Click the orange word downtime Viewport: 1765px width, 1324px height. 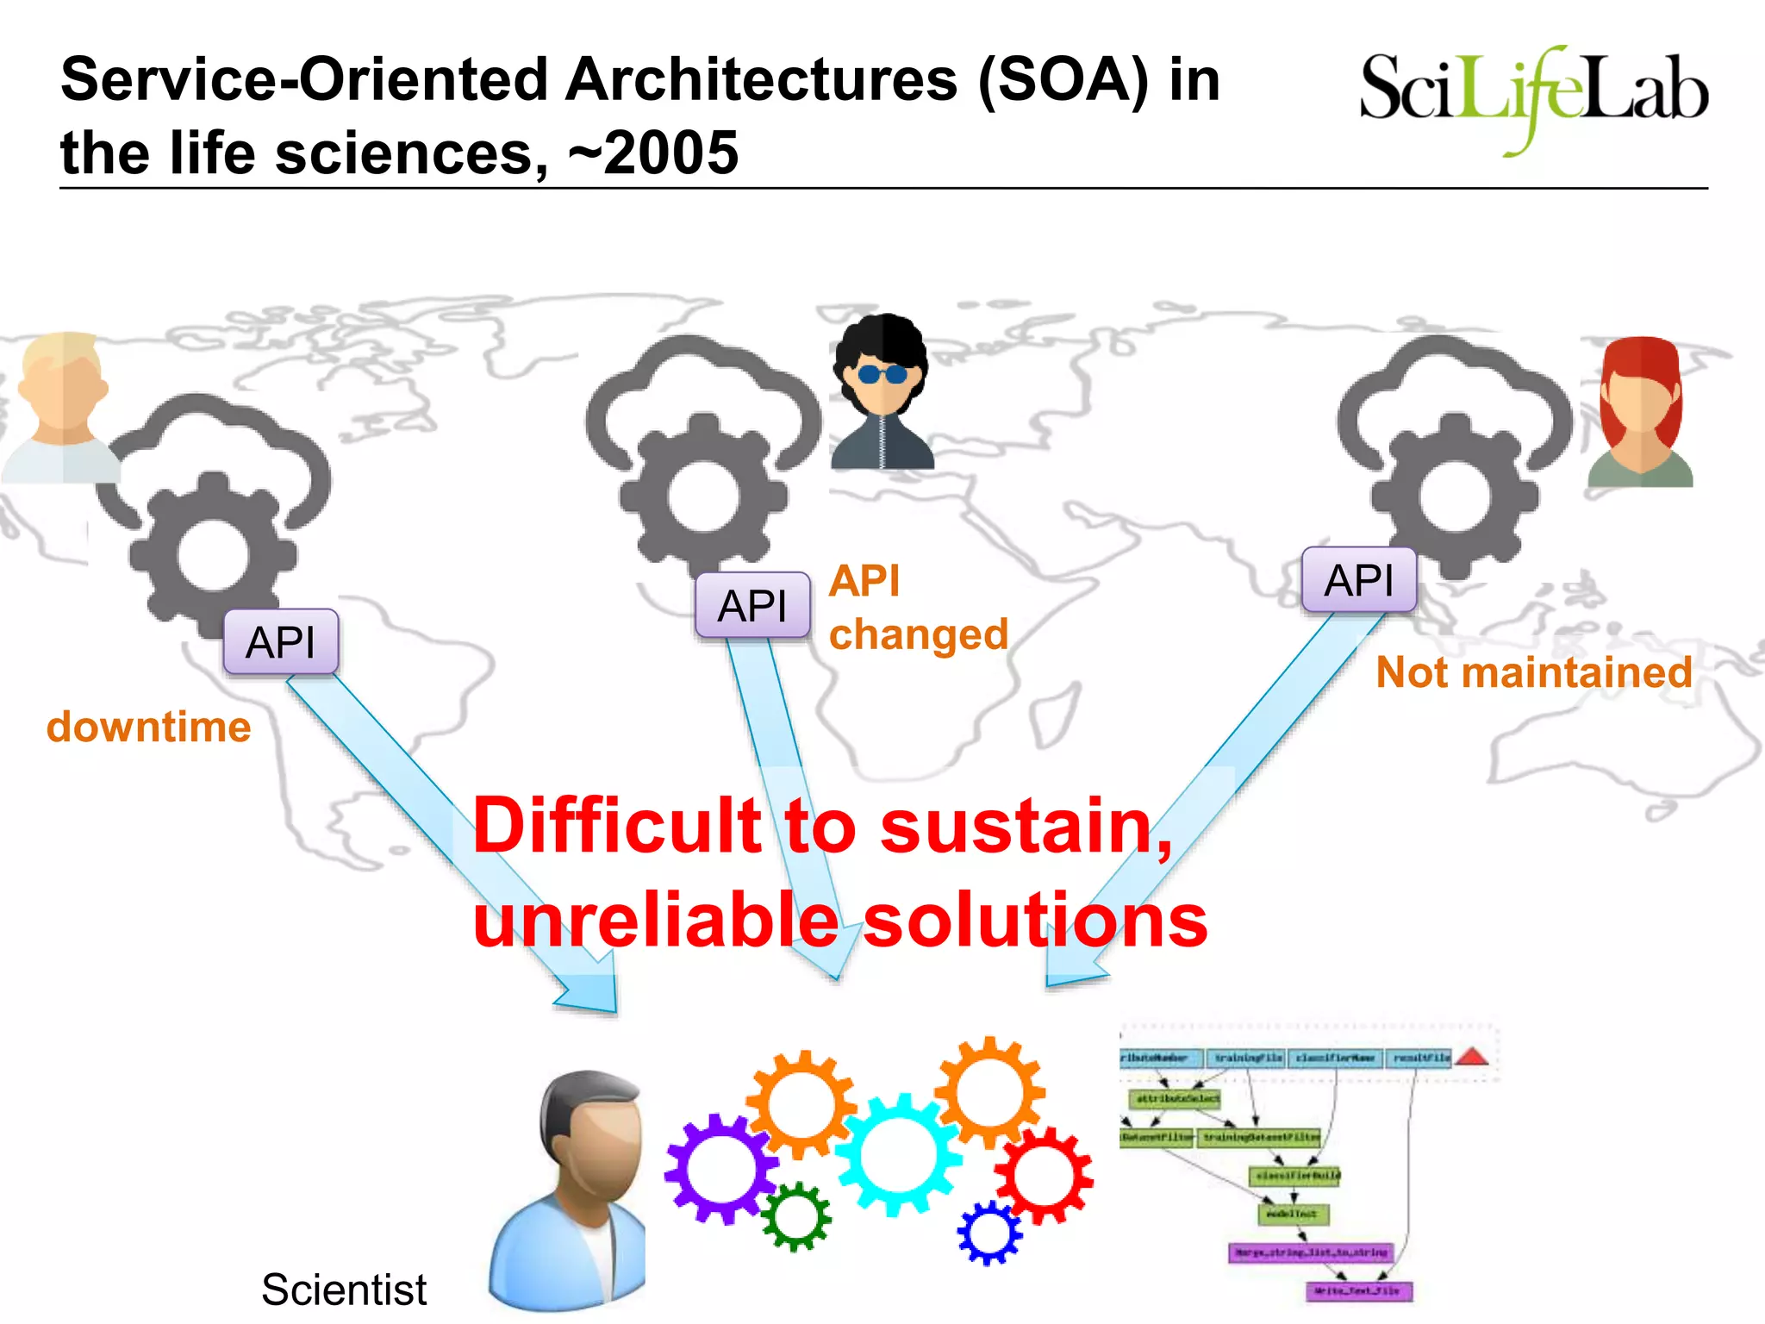(x=148, y=727)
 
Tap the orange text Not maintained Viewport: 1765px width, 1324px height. (x=1533, y=672)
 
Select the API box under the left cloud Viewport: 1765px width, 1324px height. (x=280, y=642)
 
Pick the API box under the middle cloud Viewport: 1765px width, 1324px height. (x=752, y=605)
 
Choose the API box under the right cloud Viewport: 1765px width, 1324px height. (x=1359, y=580)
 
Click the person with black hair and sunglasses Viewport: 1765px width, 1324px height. (x=882, y=392)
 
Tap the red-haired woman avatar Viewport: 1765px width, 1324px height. (x=1640, y=412)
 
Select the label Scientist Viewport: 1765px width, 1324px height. (x=344, y=1290)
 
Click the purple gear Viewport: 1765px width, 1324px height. (x=720, y=1168)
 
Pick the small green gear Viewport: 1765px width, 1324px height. (x=796, y=1215)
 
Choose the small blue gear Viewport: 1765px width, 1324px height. (x=989, y=1233)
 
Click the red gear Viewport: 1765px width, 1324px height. (x=1044, y=1175)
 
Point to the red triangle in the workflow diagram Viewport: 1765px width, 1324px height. (x=1473, y=1057)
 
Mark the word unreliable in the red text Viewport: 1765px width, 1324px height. (x=656, y=921)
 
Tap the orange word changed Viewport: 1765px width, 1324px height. (x=919, y=635)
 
